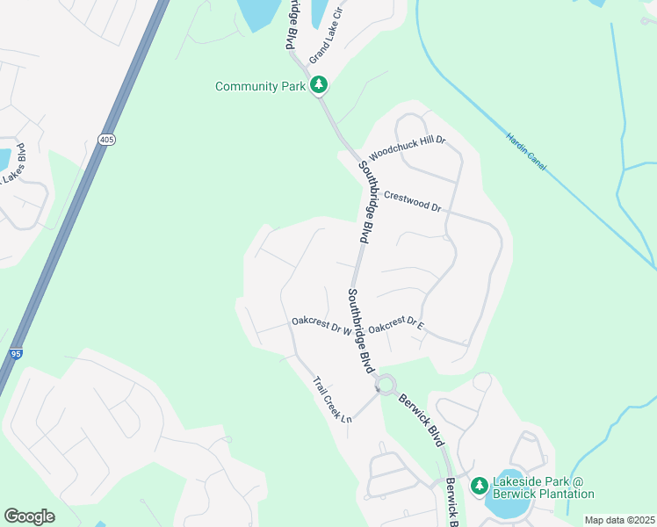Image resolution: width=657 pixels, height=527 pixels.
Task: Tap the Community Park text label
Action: (261, 86)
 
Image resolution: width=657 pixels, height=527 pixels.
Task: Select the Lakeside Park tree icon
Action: (479, 486)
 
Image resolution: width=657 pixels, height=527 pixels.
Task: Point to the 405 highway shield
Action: (106, 139)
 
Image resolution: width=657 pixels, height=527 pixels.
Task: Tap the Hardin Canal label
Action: (526, 151)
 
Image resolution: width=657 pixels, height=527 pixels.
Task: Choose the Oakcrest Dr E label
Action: (397, 324)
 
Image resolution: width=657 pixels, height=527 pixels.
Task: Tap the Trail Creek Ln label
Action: (333, 401)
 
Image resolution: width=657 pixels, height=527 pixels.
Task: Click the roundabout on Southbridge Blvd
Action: (386, 384)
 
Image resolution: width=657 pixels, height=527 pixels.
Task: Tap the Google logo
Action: (30, 516)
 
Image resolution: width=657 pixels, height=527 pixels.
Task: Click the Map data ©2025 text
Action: (619, 520)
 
